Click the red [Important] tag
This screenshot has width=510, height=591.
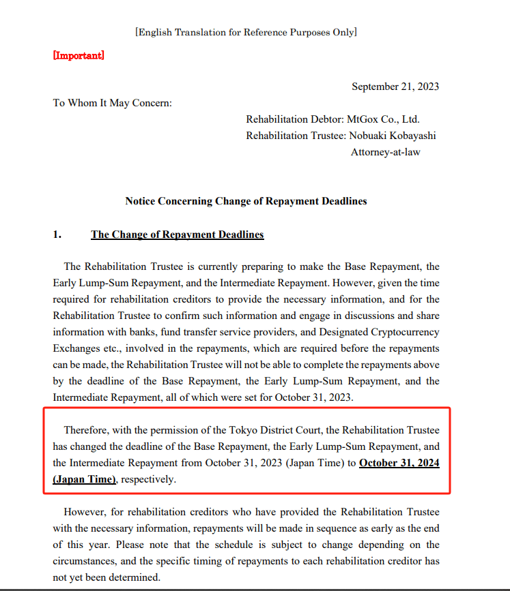coord(79,55)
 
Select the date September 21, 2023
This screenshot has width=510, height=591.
coord(395,87)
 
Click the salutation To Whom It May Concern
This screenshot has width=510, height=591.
coord(112,103)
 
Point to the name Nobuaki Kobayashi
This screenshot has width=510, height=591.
coord(393,136)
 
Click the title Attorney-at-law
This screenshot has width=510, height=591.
coord(386,152)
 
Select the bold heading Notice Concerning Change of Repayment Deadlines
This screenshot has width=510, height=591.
coord(246,201)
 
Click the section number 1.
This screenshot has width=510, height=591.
coord(57,234)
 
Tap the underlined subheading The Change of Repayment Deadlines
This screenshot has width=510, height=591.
coord(177,234)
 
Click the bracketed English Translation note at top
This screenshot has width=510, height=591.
coord(246,32)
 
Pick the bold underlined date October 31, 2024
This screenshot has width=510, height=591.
coord(399,464)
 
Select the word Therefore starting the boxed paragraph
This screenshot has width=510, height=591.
coord(87,430)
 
